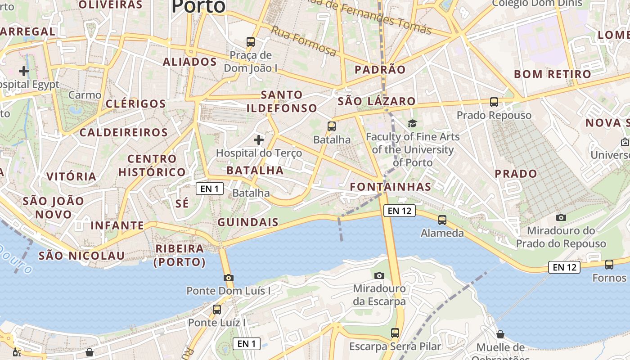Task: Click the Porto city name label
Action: click(198, 6)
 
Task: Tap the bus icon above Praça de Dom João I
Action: click(251, 42)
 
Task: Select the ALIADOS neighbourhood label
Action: click(189, 62)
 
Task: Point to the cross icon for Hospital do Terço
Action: click(259, 140)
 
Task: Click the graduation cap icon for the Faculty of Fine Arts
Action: click(412, 123)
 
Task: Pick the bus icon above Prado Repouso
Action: click(494, 102)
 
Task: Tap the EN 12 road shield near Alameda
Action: click(400, 211)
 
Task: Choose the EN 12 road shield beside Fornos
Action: click(564, 267)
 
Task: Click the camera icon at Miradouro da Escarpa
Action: click(379, 275)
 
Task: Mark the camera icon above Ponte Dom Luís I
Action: click(229, 278)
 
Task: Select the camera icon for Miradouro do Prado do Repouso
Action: click(561, 218)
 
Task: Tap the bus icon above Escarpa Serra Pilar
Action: click(395, 333)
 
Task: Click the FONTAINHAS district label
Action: click(391, 186)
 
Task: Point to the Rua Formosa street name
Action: click(303, 41)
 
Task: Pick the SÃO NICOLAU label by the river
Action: click(81, 256)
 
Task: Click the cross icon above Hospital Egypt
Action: click(24, 71)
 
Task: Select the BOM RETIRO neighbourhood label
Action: click(553, 74)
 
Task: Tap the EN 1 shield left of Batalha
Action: click(210, 189)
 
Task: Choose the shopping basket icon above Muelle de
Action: click(500, 334)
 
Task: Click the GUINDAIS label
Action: click(248, 222)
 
